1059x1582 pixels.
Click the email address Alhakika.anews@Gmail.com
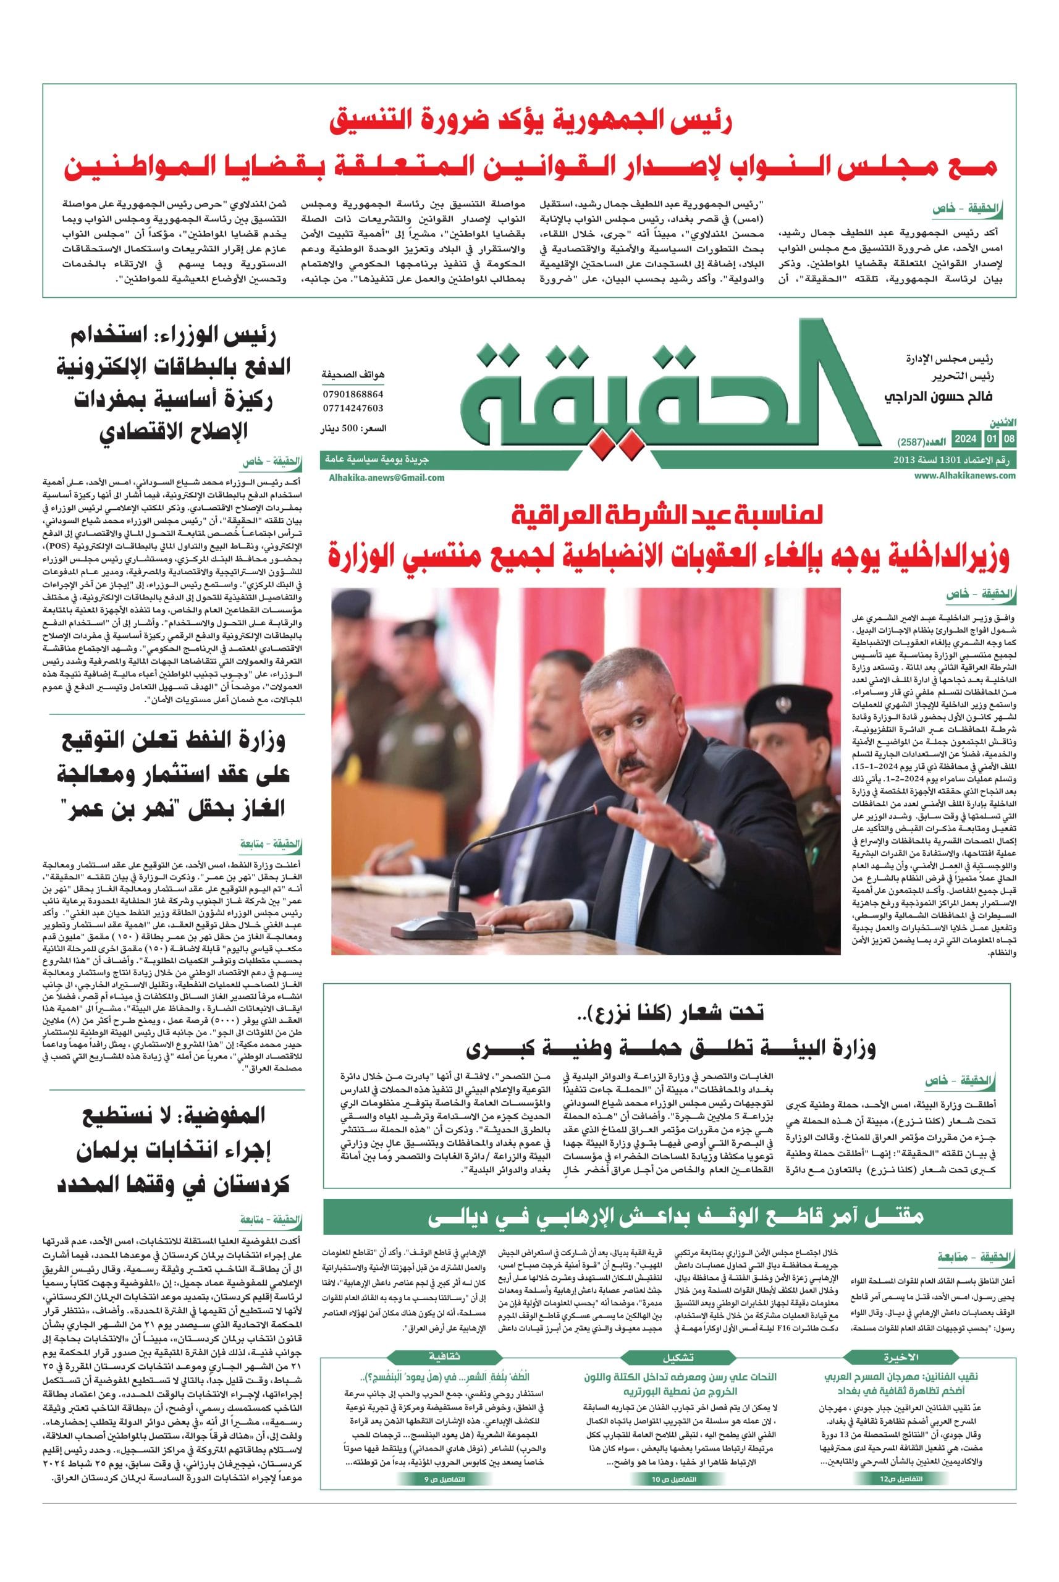(x=387, y=478)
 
